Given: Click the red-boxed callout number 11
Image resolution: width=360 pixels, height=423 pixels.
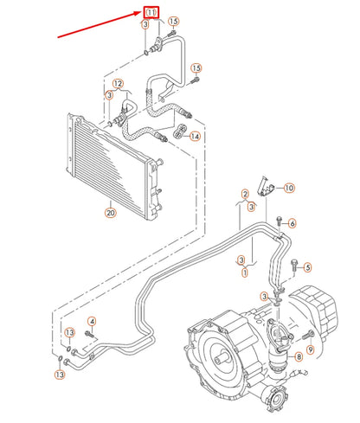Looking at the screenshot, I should click(x=152, y=12).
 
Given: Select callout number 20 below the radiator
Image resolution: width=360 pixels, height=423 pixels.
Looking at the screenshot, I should click(x=110, y=213).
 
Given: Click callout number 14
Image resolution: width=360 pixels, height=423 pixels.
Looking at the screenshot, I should click(x=195, y=136).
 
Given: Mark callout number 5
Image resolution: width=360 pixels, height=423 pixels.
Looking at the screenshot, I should click(x=307, y=267).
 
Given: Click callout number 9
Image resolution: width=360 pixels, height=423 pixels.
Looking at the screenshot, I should click(x=310, y=373).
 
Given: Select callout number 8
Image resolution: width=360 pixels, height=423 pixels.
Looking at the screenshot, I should click(x=298, y=356).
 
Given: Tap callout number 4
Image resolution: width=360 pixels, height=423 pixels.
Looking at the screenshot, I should click(x=92, y=323).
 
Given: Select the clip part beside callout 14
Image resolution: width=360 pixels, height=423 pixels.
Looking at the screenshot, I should click(x=180, y=131).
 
